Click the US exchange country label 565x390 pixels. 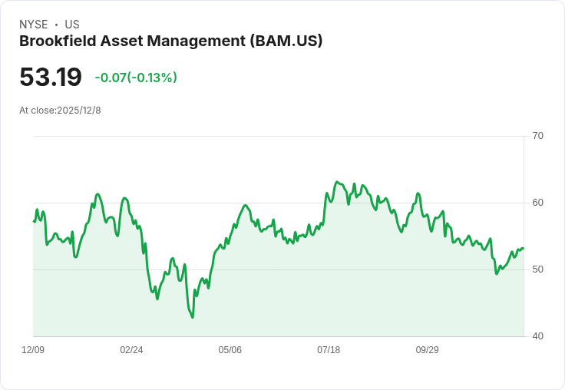[72, 25]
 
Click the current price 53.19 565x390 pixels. [51, 77]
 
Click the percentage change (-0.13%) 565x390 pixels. [153, 78]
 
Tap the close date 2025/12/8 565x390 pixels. [79, 111]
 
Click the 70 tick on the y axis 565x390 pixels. [537, 136]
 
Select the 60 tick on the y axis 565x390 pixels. [537, 203]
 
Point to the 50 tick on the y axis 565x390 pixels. [537, 269]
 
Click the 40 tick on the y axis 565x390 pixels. [537, 336]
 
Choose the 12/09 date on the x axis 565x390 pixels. [33, 350]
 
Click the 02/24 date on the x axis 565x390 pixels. [131, 350]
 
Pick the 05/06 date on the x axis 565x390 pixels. [230, 350]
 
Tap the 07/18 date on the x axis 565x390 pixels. [329, 350]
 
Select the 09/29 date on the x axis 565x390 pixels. [427, 350]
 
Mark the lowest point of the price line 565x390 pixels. [192, 317]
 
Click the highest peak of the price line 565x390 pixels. [337, 182]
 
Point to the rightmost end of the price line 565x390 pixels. [523, 248]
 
